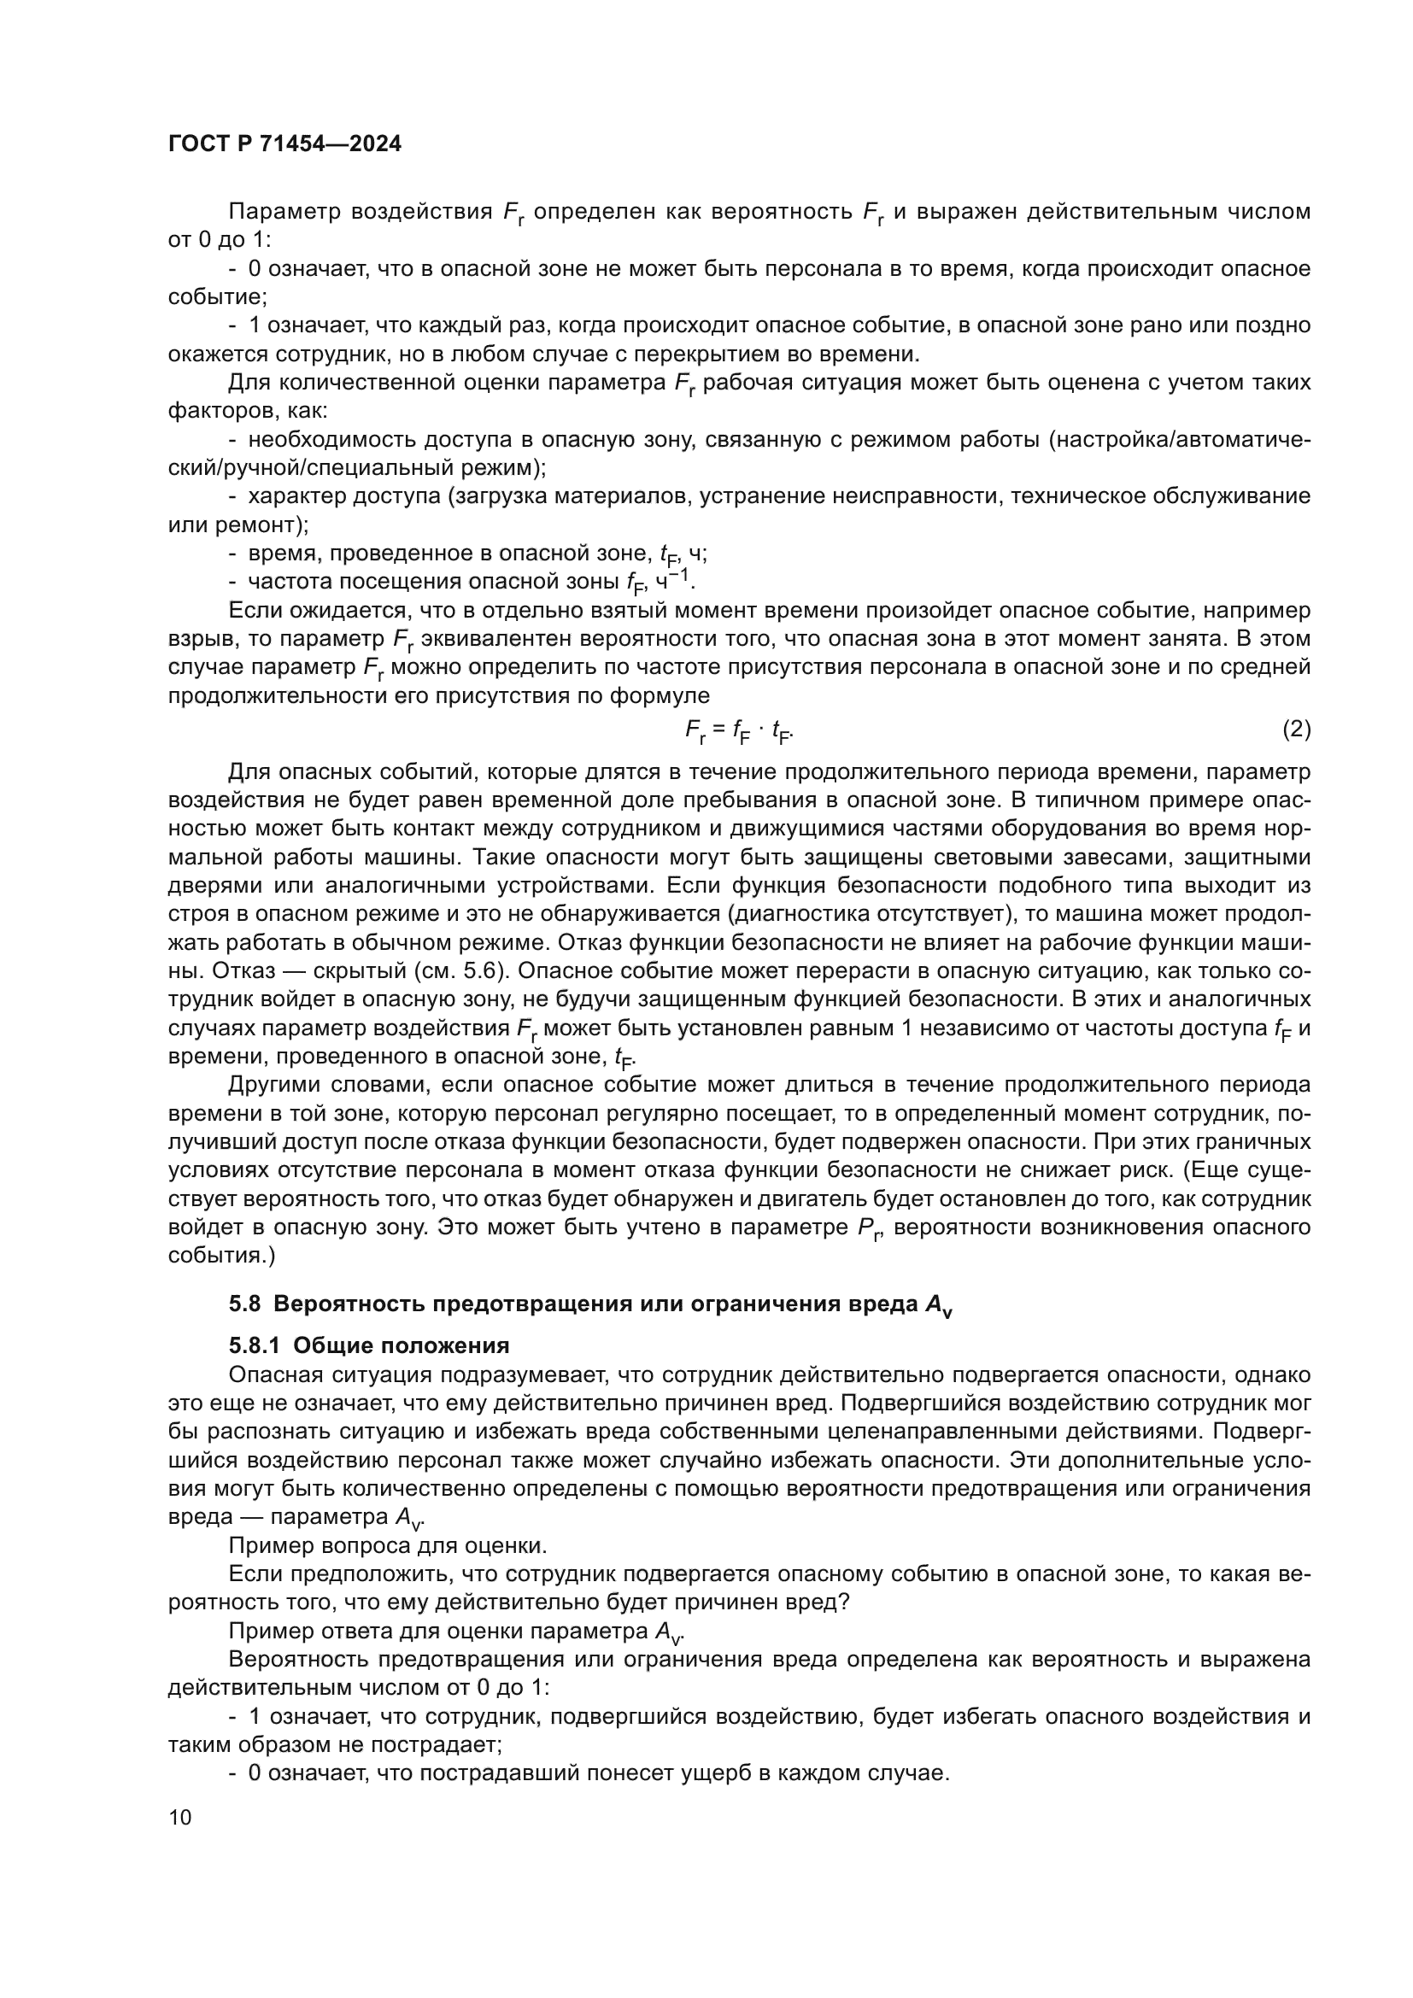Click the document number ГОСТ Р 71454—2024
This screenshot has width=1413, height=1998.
[x=284, y=144]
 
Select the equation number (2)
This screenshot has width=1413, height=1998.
[x=1297, y=729]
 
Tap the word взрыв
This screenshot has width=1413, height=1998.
[x=195, y=639]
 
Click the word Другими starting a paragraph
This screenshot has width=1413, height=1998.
[x=280, y=1084]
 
